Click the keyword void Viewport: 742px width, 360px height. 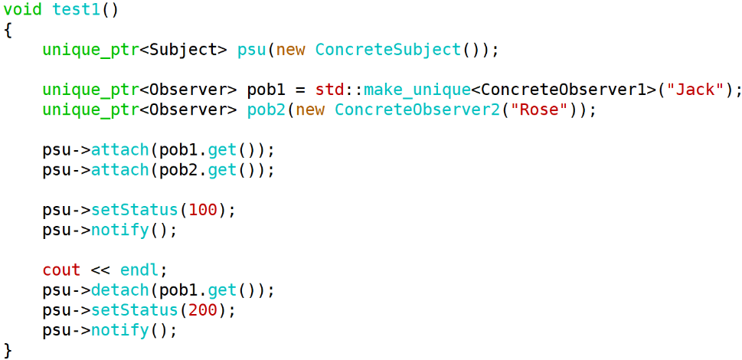click(x=23, y=9)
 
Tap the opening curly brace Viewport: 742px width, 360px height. click(x=8, y=30)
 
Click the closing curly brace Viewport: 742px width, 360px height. click(x=8, y=350)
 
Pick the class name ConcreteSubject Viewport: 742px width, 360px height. click(x=387, y=50)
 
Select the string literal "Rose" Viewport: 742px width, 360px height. click(x=540, y=110)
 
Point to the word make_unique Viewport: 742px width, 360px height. click(x=417, y=90)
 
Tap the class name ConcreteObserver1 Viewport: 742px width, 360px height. click(x=563, y=90)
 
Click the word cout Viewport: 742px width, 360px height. click(x=61, y=270)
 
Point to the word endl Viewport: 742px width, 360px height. click(x=139, y=270)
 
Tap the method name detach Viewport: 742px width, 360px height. click(x=120, y=290)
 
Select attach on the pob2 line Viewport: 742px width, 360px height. click(x=120, y=170)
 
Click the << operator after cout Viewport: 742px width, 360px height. click(x=100, y=270)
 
